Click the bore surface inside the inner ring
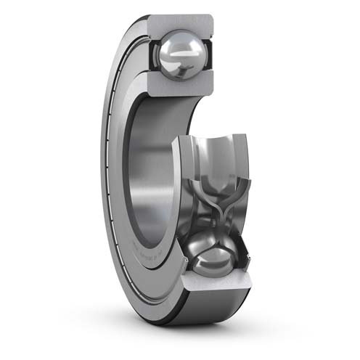(149, 167)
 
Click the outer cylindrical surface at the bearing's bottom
(218, 319)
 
